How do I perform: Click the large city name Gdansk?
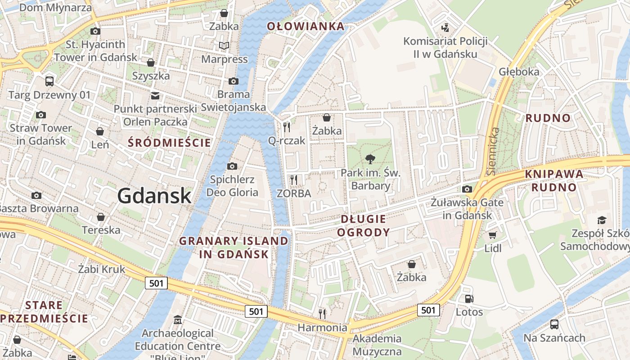pos(154,196)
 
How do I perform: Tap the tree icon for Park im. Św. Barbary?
pos(370,158)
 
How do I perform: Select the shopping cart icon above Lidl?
pos(493,235)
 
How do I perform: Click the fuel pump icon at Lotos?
pos(469,298)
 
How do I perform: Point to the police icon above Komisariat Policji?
pos(445,28)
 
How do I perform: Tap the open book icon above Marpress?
pos(224,45)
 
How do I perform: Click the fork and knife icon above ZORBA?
pos(294,180)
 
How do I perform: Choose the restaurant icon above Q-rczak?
pos(287,127)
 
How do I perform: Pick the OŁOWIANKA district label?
pos(306,26)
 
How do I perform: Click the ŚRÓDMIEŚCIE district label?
pos(169,143)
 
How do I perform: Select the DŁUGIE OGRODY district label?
pos(363,225)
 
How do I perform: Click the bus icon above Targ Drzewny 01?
pos(49,81)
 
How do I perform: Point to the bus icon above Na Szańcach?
pos(554,324)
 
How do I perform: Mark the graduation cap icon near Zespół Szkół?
pos(602,220)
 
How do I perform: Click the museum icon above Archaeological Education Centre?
pos(178,320)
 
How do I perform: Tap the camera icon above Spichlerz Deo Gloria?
pos(232,166)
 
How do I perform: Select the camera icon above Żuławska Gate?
pos(467,189)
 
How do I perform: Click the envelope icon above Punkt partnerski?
pos(155,95)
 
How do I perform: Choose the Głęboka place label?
pos(518,72)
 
